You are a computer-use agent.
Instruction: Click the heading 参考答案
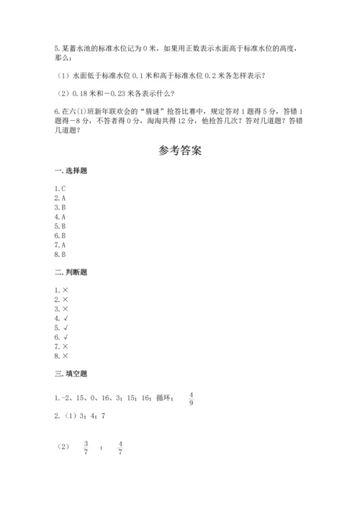180,152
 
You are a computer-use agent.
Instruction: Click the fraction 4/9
192,397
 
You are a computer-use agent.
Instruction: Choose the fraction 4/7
120,447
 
